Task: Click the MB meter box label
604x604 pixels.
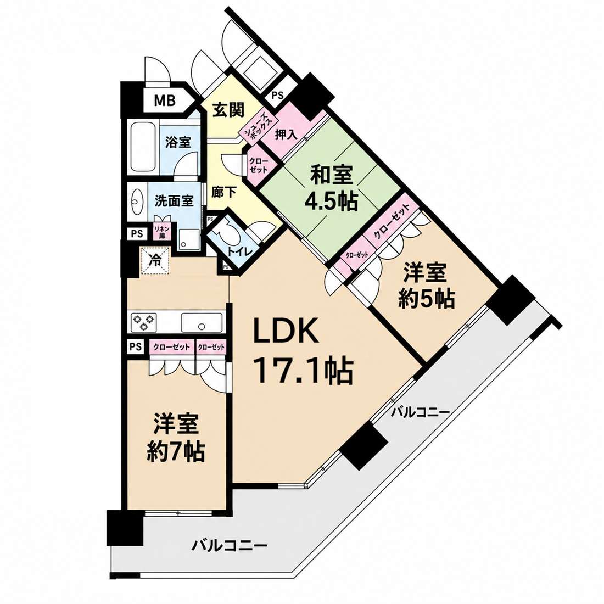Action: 165,100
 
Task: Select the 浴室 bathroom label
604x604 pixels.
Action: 178,142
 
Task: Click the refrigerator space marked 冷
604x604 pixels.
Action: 154,261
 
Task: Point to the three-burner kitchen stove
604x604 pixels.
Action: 144,322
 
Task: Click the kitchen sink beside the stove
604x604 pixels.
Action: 202,322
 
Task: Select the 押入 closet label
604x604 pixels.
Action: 286,135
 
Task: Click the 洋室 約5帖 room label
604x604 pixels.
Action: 427,286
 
